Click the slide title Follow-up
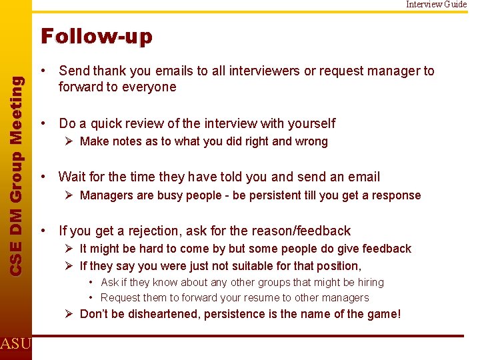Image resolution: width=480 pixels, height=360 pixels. coord(97,36)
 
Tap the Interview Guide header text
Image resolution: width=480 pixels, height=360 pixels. coord(437,5)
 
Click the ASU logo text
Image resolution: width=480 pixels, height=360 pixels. coord(15,344)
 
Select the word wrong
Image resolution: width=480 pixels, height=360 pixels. coord(311,141)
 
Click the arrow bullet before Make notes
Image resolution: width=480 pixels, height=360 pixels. coord(69,141)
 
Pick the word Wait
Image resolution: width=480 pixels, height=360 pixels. coord(73,177)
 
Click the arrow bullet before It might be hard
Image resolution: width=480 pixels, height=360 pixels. coord(69,249)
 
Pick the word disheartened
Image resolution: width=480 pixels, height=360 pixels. coord(159,313)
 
